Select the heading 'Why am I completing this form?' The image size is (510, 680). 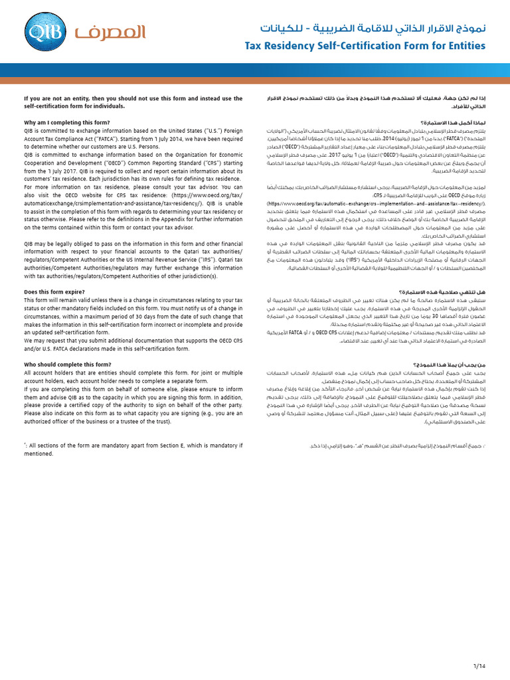(x=67, y=122)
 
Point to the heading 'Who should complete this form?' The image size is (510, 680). (x=68, y=365)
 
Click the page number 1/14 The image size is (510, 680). (x=480, y=664)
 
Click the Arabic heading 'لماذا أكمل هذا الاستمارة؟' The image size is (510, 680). (x=452, y=122)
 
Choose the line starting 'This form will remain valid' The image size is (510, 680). (x=133, y=300)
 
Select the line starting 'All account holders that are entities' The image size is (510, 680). (x=133, y=373)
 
